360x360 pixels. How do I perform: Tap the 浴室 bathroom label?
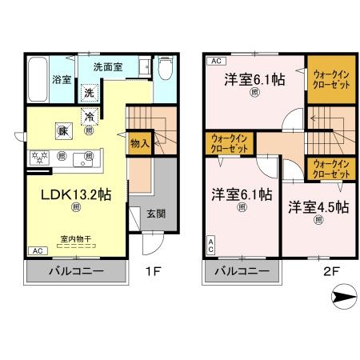tap(61, 78)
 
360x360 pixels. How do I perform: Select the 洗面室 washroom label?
tap(106, 66)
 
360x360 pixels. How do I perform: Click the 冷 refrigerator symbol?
tap(90, 116)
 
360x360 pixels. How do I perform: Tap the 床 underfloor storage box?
tap(62, 130)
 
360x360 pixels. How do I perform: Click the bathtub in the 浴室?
tap(38, 78)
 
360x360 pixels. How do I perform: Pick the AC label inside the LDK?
tap(38, 250)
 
